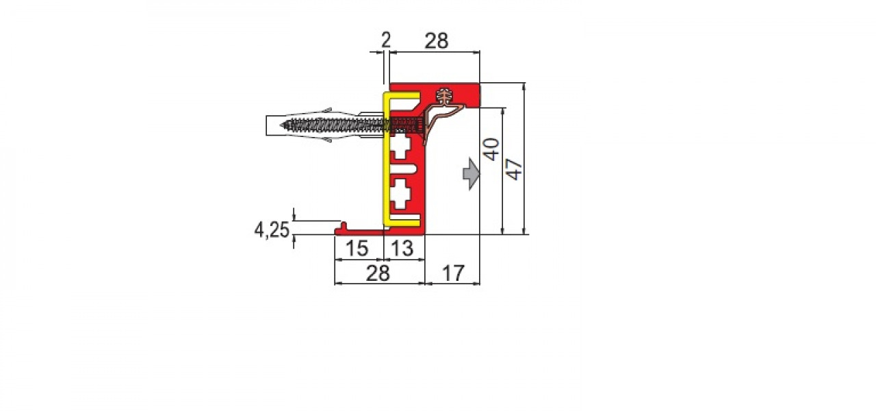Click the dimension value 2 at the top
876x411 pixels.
[x=385, y=40]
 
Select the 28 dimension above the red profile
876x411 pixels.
[x=437, y=40]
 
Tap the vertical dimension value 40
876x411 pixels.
[x=491, y=149]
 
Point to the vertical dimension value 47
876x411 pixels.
[x=514, y=169]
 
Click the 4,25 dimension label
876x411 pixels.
[x=272, y=229]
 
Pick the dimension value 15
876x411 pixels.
[x=357, y=248]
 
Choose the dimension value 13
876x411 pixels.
[x=402, y=248]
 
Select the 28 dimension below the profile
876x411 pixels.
[x=378, y=273]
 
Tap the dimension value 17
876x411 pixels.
[x=453, y=273]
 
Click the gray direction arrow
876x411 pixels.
[x=472, y=174]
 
